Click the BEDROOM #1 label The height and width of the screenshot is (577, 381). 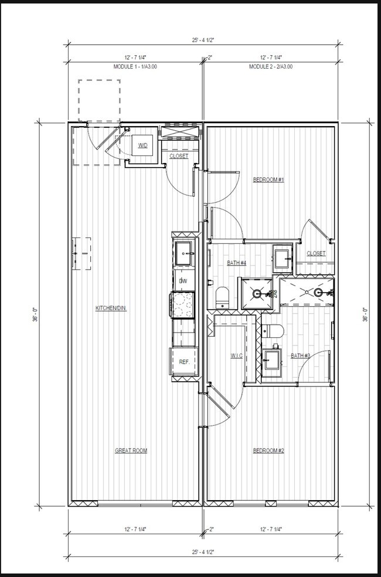click(268, 179)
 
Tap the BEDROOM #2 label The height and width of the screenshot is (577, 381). click(268, 450)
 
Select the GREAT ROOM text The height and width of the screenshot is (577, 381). click(131, 450)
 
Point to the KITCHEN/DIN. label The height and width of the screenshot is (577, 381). click(111, 308)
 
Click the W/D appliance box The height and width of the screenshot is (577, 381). click(143, 145)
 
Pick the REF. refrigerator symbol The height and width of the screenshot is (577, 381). click(183, 362)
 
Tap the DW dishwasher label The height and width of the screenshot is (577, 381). click(183, 282)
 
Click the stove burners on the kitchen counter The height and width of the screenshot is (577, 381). click(183, 305)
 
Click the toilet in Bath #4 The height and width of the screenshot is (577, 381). click(222, 298)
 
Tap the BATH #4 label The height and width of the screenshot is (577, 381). click(236, 262)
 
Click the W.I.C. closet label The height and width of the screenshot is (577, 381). click(236, 355)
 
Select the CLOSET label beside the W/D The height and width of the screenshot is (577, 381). click(179, 157)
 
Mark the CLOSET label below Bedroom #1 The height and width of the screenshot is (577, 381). click(316, 253)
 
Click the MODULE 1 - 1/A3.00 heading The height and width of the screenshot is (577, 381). click(135, 67)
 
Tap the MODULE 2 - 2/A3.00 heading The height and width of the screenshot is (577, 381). click(271, 67)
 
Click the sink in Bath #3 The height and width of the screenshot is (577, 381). click(271, 359)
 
